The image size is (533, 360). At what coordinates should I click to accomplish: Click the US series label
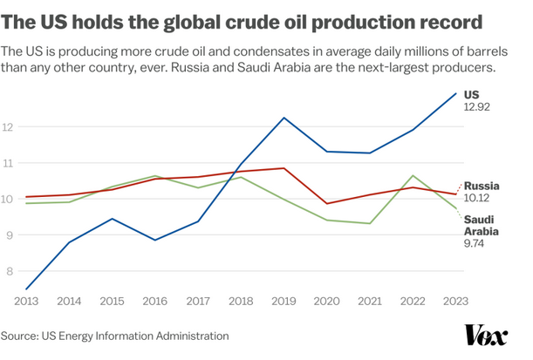point(471,93)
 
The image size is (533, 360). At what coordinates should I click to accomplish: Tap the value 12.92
point(478,106)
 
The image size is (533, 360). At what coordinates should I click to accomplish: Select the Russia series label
point(482,186)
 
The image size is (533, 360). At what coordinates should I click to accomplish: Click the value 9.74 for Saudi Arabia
point(475,244)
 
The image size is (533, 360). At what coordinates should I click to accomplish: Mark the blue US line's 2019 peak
point(284,118)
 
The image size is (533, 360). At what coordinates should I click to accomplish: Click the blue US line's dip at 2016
point(155,240)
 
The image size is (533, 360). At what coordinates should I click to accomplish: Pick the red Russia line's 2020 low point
point(326,203)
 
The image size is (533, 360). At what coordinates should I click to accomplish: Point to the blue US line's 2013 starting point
point(27,289)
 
